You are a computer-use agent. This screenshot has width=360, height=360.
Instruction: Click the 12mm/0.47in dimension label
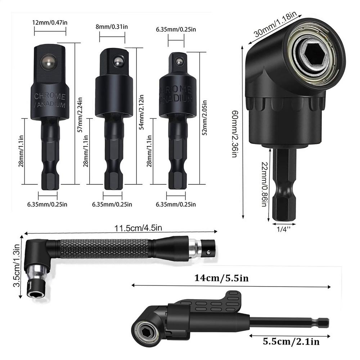(x=50, y=22)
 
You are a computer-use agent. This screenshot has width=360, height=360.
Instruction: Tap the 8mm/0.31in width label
(x=112, y=27)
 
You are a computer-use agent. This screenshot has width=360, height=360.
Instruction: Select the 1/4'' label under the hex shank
(x=284, y=228)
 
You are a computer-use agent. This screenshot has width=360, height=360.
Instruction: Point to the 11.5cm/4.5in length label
(x=138, y=228)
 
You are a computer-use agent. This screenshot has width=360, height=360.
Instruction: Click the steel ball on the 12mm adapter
(x=48, y=62)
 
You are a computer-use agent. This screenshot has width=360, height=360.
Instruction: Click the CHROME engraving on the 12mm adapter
(x=50, y=96)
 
